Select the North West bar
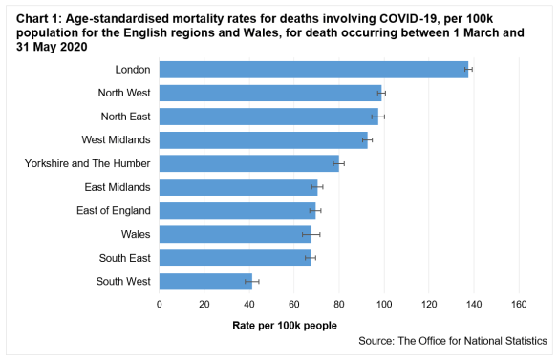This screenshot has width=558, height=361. tap(270, 93)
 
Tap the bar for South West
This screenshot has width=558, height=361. tap(205, 281)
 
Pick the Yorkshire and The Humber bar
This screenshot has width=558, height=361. tap(249, 163)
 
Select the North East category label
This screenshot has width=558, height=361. tap(124, 117)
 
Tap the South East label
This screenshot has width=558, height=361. tap(123, 258)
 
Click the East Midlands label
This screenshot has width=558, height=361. tap(118, 187)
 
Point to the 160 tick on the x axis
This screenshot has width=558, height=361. tap(519, 305)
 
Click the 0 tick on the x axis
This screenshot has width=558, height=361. tap(160, 305)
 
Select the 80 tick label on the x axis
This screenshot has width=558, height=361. tap(339, 305)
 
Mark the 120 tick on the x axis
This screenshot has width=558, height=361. tap(429, 305)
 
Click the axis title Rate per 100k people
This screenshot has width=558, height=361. tap(285, 326)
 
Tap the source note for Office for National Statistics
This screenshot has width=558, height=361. tap(453, 341)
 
